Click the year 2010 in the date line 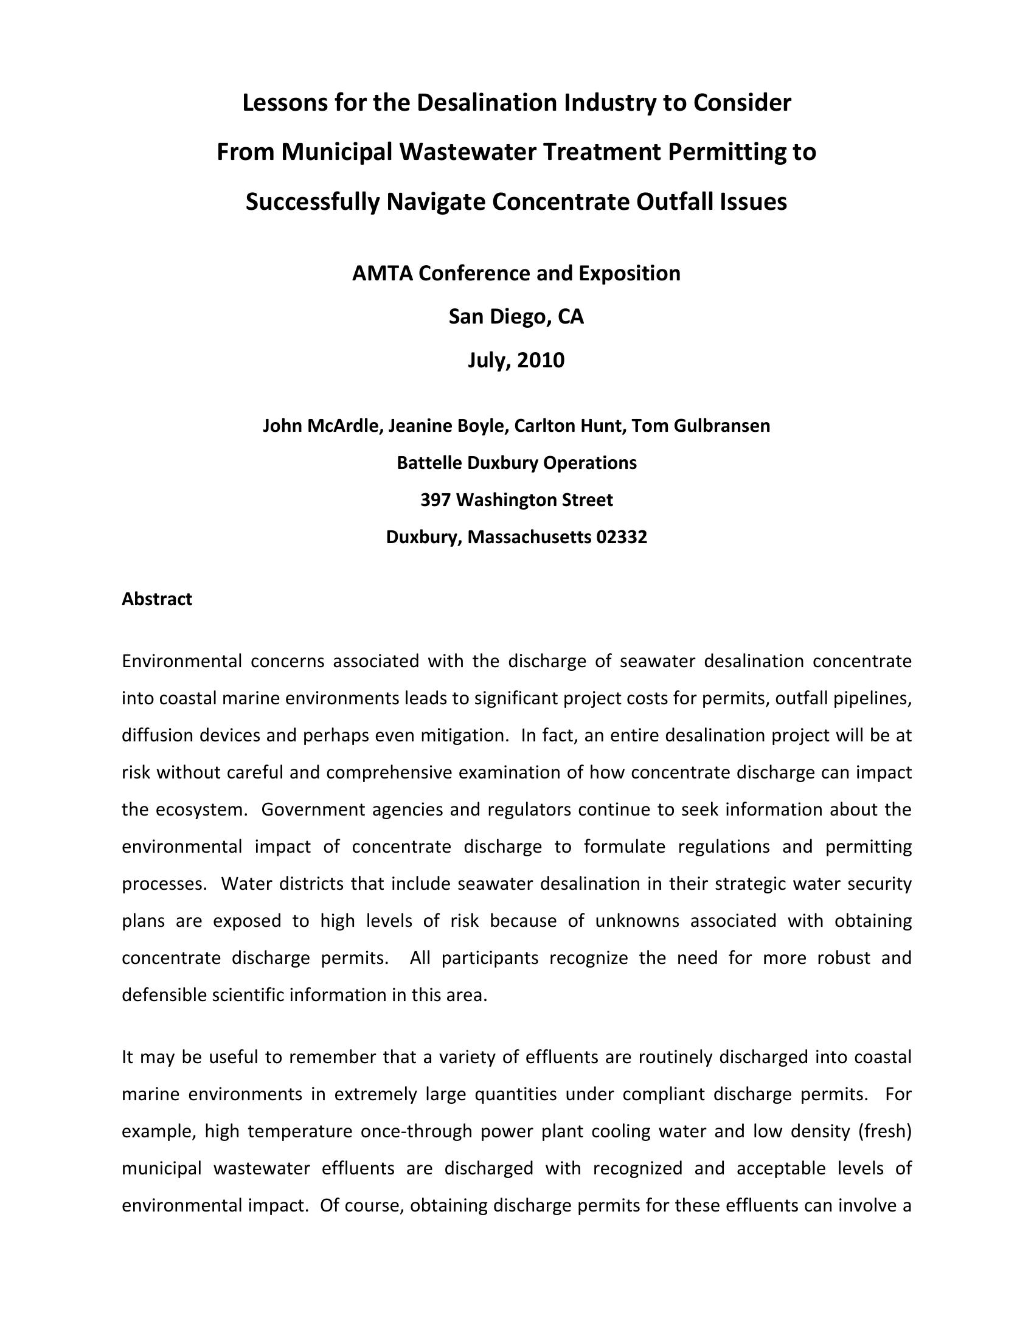pyautogui.click(x=540, y=361)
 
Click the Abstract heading pyautogui.click(x=157, y=599)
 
